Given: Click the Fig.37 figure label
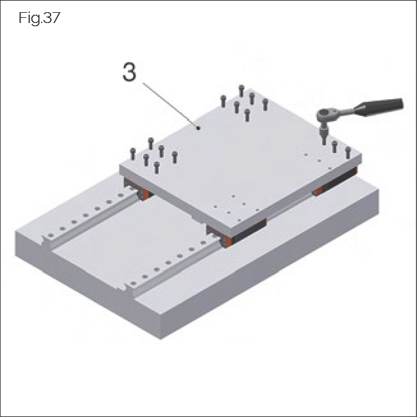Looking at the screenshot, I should tap(39, 19).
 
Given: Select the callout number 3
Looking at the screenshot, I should tap(129, 72).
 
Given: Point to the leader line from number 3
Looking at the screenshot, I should tap(170, 102).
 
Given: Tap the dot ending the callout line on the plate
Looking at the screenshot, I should tap(200, 128).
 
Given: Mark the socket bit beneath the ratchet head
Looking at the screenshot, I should tap(324, 132).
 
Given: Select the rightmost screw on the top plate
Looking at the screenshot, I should tap(348, 152).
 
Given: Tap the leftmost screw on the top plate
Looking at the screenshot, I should tap(133, 153).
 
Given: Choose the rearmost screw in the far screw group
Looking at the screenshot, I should tap(241, 90).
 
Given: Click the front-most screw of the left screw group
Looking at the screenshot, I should tap(157, 168).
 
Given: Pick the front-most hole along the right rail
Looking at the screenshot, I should tap(132, 283).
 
